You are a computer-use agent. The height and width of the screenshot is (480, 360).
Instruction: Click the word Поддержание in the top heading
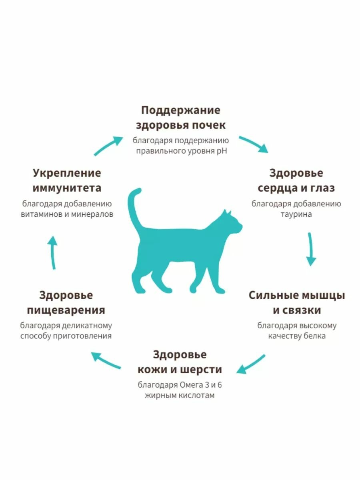tap(180, 110)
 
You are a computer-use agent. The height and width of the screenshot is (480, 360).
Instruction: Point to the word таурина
tap(296, 214)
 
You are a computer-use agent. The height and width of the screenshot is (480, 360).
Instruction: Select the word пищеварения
tap(66, 310)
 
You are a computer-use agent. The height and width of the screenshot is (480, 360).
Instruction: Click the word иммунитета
tap(67, 188)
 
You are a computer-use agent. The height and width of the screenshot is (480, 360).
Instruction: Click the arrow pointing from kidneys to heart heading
tap(254, 144)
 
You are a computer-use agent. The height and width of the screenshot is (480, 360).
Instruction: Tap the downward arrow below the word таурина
tap(311, 249)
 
